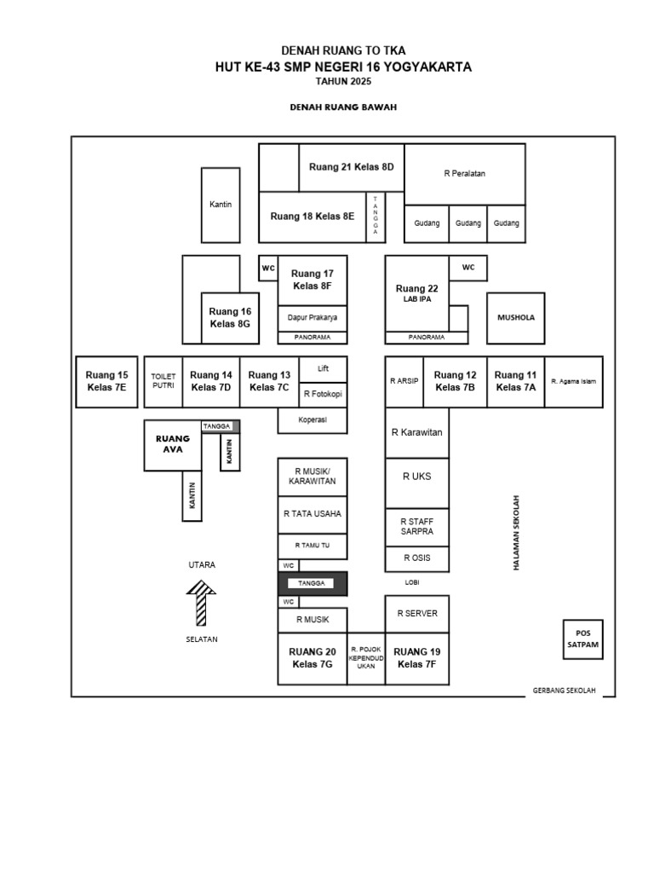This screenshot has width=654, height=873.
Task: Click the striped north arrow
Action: [201, 604]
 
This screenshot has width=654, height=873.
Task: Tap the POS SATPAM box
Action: [582, 639]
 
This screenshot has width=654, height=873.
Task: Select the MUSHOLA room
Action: [515, 318]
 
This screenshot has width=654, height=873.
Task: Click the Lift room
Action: [323, 369]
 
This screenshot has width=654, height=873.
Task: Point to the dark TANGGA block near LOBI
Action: [313, 583]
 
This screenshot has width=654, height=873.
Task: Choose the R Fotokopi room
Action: [323, 395]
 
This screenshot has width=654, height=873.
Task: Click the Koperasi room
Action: [313, 420]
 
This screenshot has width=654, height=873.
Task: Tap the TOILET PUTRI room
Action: [163, 382]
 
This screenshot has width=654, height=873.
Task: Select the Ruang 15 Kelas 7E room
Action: [106, 382]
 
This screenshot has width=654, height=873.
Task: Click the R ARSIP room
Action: [404, 382]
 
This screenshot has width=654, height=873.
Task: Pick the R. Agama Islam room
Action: [573, 382]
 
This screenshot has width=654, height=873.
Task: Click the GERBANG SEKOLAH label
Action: [564, 691]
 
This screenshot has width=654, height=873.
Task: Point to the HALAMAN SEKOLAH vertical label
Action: [516, 533]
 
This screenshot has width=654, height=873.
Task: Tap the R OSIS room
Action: [417, 559]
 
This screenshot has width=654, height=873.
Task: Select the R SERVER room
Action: [417, 614]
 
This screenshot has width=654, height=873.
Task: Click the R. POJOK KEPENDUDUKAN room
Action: [366, 659]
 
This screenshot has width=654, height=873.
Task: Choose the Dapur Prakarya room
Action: [313, 318]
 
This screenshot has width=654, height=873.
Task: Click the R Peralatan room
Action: [465, 174]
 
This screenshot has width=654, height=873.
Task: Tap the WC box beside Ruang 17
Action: [268, 269]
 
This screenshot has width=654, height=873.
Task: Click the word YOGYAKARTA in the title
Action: [428, 67]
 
